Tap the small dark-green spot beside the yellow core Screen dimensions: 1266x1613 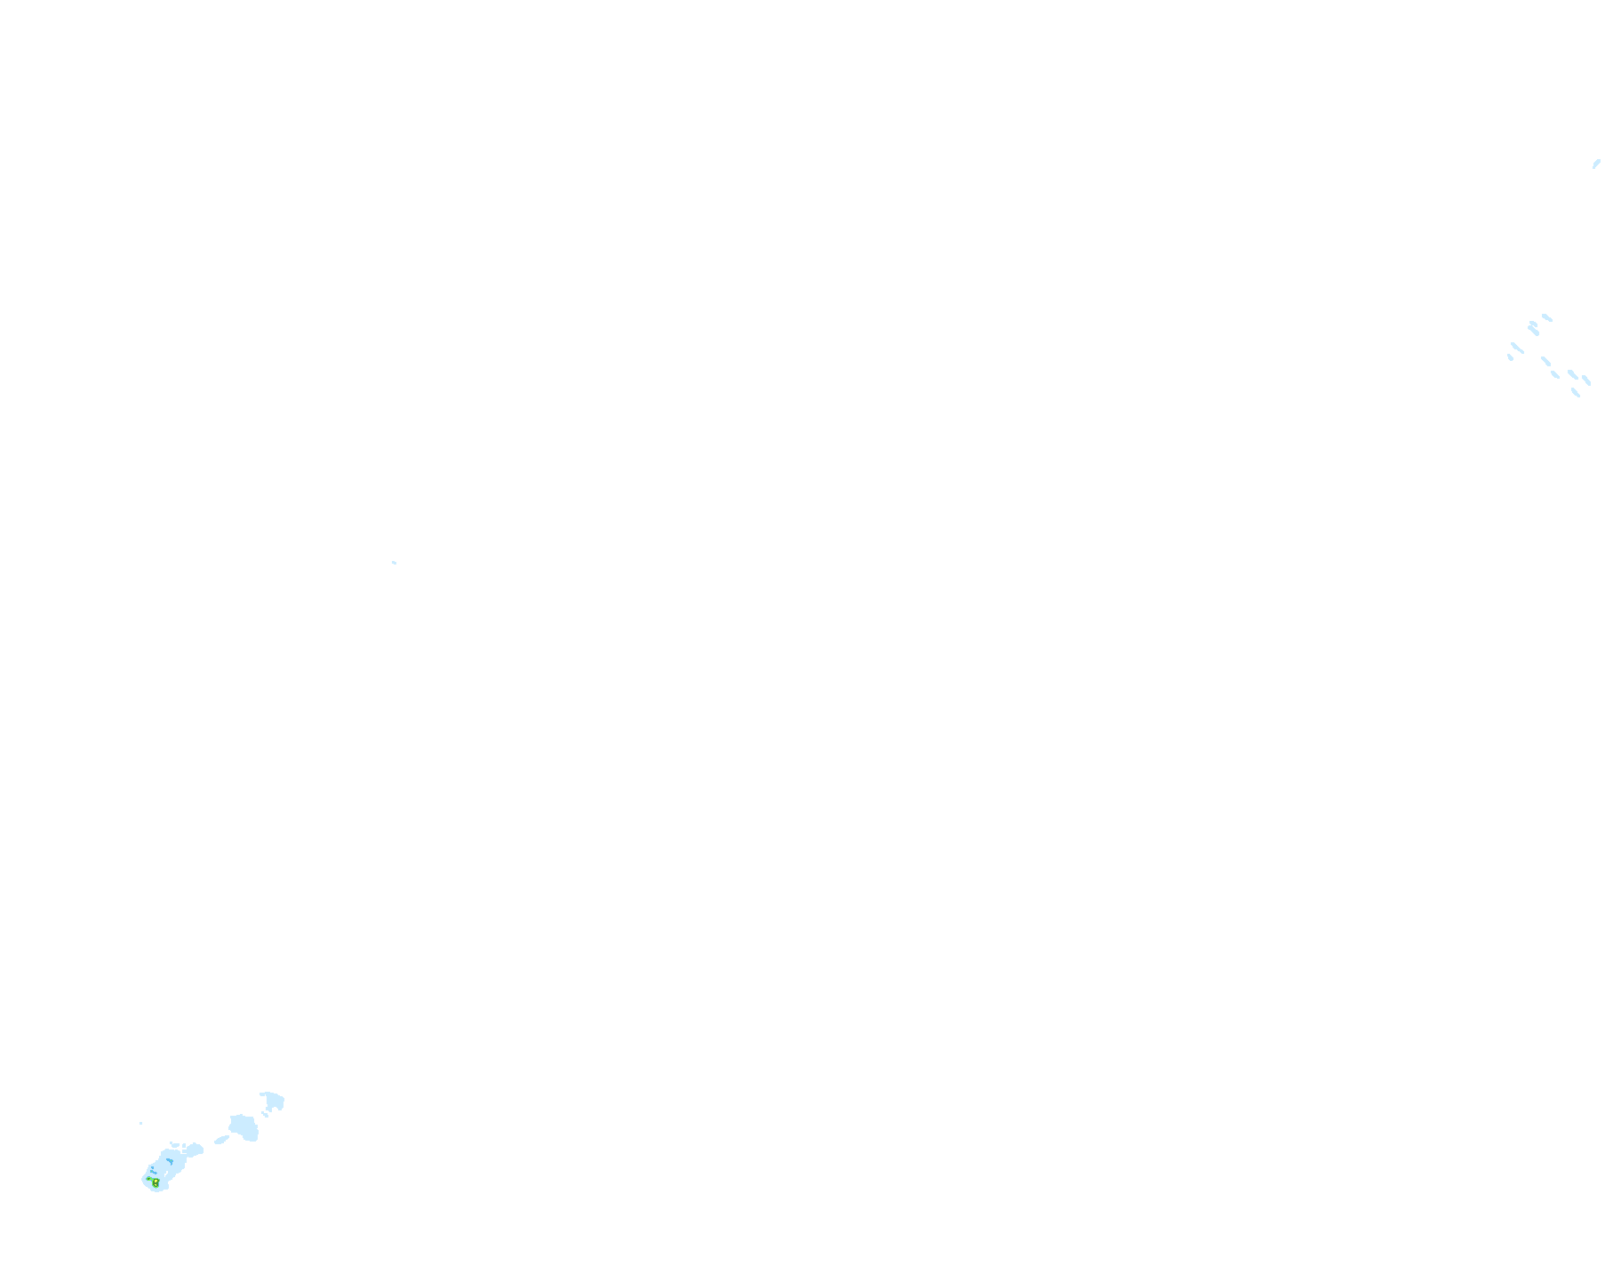pyautogui.click(x=149, y=1180)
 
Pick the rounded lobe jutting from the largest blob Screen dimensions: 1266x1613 pyautogui.click(x=195, y=1150)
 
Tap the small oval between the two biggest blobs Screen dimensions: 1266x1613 pyautogui.click(x=221, y=1139)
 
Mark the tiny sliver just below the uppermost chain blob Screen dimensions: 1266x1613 pyautogui.click(x=265, y=1114)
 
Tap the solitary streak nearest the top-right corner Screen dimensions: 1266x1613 pyautogui.click(x=1596, y=164)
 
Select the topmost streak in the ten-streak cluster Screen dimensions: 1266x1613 pyautogui.click(x=1547, y=317)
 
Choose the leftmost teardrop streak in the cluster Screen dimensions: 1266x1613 pyautogui.click(x=1510, y=357)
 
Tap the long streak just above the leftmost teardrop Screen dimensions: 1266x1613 pyautogui.click(x=1517, y=348)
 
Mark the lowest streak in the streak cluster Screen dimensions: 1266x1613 pyautogui.click(x=1576, y=392)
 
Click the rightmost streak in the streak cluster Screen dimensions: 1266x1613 pyautogui.click(x=1586, y=381)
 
